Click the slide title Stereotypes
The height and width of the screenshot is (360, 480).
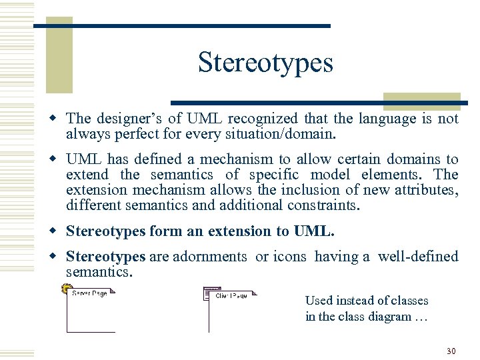click(x=265, y=63)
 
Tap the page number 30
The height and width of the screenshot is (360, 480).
click(x=451, y=351)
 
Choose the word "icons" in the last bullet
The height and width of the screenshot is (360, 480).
click(x=290, y=257)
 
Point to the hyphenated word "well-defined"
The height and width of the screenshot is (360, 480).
click(x=418, y=257)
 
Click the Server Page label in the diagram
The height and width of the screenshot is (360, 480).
click(x=89, y=293)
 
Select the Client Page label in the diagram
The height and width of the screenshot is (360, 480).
click(x=231, y=295)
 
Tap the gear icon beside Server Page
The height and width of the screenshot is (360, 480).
click(x=65, y=289)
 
